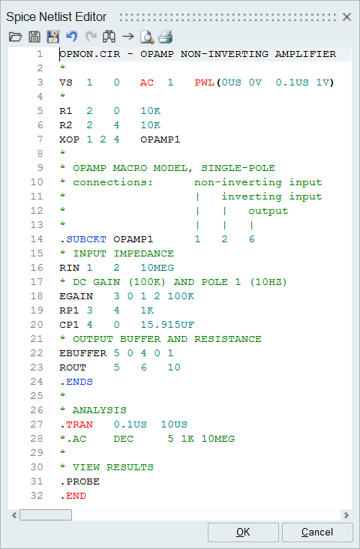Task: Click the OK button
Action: tap(243, 532)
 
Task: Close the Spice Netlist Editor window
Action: tap(346, 16)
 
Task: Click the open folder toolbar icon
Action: tap(16, 37)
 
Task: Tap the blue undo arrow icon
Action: tap(71, 37)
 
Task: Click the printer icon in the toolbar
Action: tap(166, 37)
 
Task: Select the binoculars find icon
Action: tap(109, 37)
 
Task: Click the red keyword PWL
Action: tap(205, 82)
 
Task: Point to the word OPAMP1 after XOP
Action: tap(160, 139)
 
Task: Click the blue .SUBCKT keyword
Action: tap(86, 239)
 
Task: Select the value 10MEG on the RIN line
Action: tap(157, 268)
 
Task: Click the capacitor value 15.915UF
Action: tap(167, 325)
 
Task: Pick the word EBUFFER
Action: tap(83, 354)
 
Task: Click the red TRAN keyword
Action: tap(79, 424)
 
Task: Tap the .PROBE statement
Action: tap(79, 481)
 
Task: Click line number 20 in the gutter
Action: tap(37, 325)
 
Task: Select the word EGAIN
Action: tap(76, 296)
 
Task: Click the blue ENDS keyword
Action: tap(79, 382)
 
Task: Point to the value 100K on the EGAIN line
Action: tap(181, 296)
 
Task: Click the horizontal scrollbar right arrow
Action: tap(346, 515)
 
